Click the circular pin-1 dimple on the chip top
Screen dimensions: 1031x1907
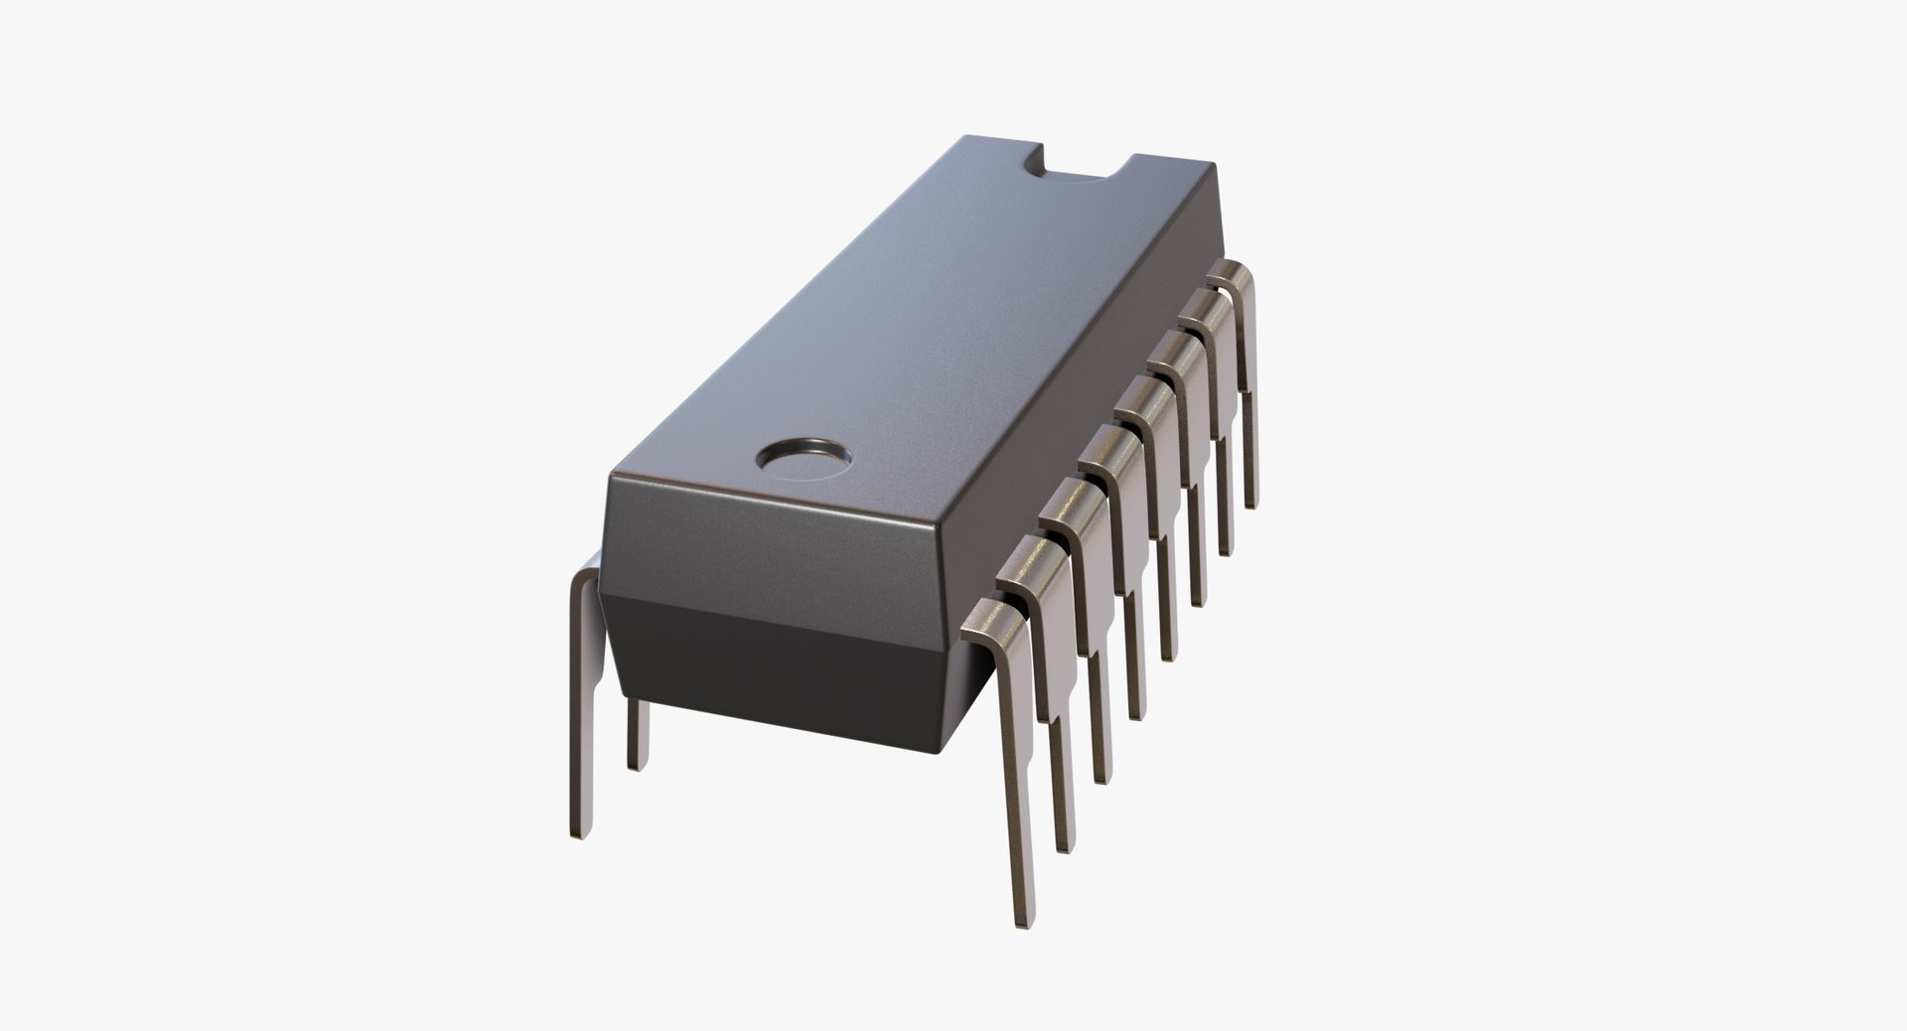(x=804, y=457)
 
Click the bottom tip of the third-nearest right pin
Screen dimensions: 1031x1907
(x=1102, y=777)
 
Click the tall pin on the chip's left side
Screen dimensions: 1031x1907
(x=583, y=695)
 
